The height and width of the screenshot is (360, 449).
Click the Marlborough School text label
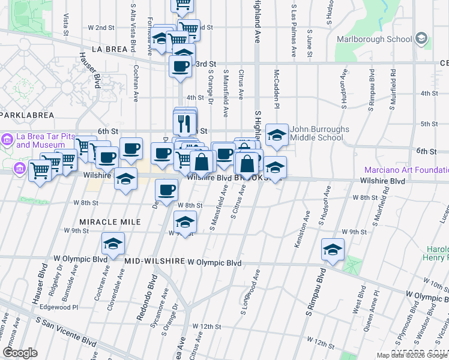pyautogui.click(x=374, y=39)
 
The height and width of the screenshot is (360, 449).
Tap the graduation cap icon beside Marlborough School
pyautogui.click(x=421, y=39)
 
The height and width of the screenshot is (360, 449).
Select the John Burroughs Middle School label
pyautogui.click(x=316, y=133)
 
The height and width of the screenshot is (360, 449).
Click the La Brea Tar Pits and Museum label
pyautogui.click(x=40, y=140)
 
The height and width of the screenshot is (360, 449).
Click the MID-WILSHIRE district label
pyautogui.click(x=154, y=262)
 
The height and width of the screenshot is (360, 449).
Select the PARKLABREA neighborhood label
pyautogui.click(x=27, y=115)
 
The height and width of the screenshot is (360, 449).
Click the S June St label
pyautogui.click(x=309, y=44)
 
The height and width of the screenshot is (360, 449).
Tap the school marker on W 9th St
pyautogui.click(x=185, y=221)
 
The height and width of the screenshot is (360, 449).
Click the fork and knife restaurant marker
pyautogui.click(x=185, y=123)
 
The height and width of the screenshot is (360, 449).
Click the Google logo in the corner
pyautogui.click(x=20, y=353)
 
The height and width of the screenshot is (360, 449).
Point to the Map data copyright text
pyautogui.click(x=412, y=355)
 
